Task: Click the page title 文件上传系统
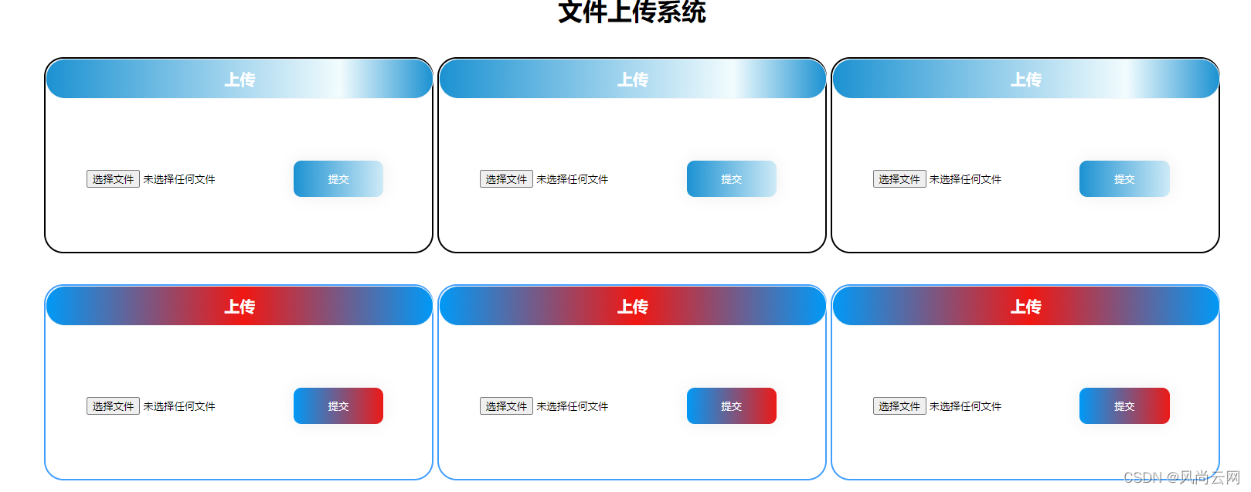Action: [x=631, y=12]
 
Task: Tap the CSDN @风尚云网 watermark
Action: [x=1181, y=477]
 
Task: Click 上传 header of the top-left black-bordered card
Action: [x=240, y=79]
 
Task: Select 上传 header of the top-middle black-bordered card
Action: [x=632, y=79]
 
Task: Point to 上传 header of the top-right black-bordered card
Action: [x=1025, y=79]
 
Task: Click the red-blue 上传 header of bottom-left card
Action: [x=240, y=306]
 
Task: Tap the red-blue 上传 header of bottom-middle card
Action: [x=632, y=306]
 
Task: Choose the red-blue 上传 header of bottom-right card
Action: [x=1025, y=306]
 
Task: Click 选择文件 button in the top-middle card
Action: [x=506, y=179]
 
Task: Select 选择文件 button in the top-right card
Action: [x=899, y=179]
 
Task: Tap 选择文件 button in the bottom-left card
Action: [x=113, y=406]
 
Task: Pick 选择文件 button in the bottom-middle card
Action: [x=506, y=406]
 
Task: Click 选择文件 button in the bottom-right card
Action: [x=899, y=406]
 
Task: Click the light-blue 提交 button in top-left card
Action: [x=338, y=179]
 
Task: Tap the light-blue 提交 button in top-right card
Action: [x=1124, y=179]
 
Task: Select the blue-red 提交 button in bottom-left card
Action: [x=338, y=406]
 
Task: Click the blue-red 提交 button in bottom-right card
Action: [x=1124, y=406]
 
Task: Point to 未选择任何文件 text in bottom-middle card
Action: [x=573, y=406]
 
